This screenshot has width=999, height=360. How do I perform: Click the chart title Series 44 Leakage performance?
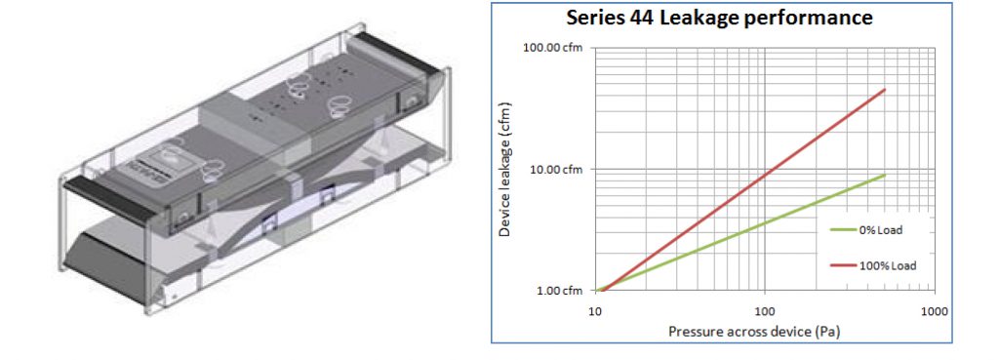coord(719,18)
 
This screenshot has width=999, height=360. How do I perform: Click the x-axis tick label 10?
coord(594,311)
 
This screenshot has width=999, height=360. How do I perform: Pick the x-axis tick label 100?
coord(765,311)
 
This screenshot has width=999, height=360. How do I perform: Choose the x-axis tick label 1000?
coord(935,311)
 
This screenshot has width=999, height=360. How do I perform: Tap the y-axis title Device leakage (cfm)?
coord(505,169)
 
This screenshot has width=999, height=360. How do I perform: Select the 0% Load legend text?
coord(883,230)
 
